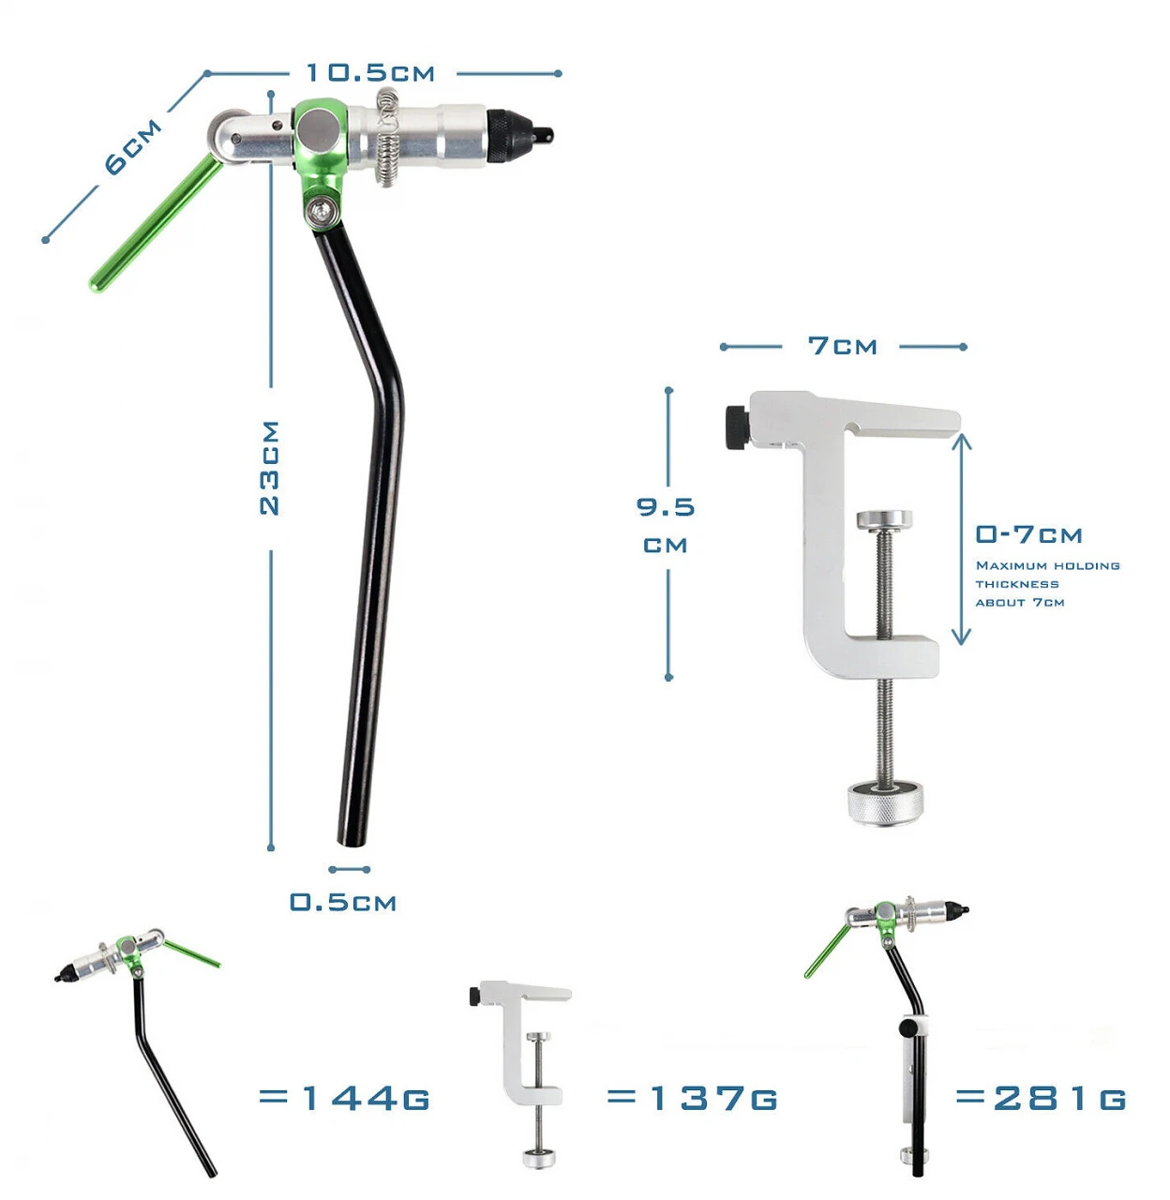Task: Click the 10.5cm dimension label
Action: (x=370, y=73)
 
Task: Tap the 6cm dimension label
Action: (x=132, y=146)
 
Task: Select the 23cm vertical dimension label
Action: (x=269, y=468)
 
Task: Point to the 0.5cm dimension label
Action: (x=343, y=902)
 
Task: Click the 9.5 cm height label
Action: (x=666, y=524)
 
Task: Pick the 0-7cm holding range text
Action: (x=1028, y=534)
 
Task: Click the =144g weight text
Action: (x=344, y=1098)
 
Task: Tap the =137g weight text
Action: (x=692, y=1098)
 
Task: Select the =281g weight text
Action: (x=1042, y=1098)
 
